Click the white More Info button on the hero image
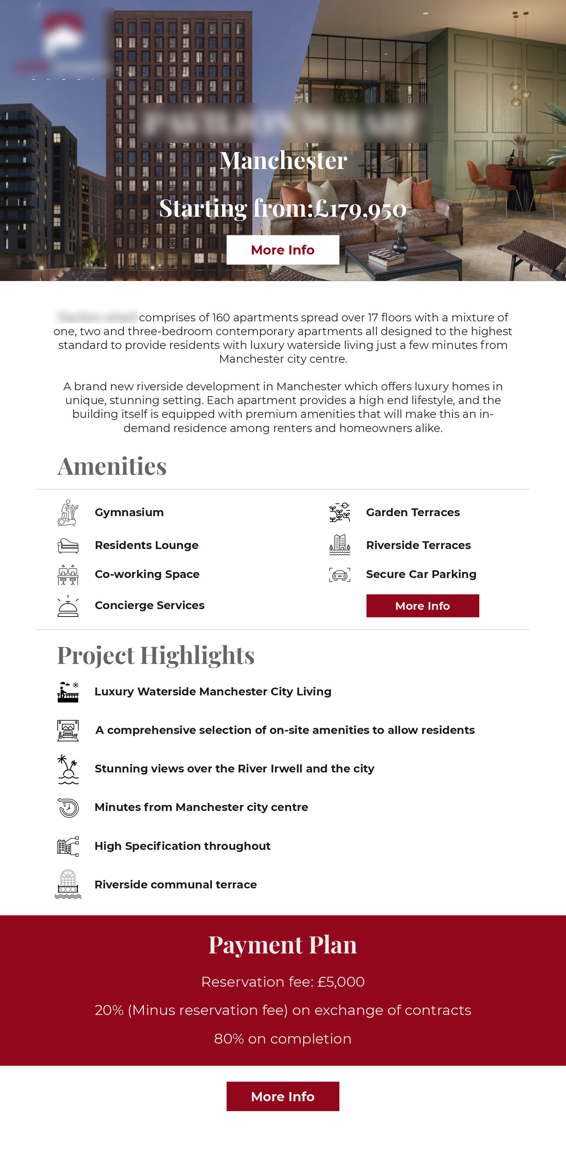tap(282, 250)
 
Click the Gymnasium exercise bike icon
tap(68, 513)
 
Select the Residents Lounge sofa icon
tap(68, 545)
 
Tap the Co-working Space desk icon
tap(68, 574)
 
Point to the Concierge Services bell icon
tap(68, 606)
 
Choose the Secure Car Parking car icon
tap(340, 575)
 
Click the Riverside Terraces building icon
tap(340, 545)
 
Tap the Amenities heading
tap(112, 467)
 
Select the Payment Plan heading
tap(283, 945)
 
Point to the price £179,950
tap(360, 209)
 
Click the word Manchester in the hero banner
tap(283, 161)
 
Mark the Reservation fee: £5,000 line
tap(283, 982)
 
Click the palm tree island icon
tap(68, 769)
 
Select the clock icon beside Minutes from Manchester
tap(68, 807)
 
